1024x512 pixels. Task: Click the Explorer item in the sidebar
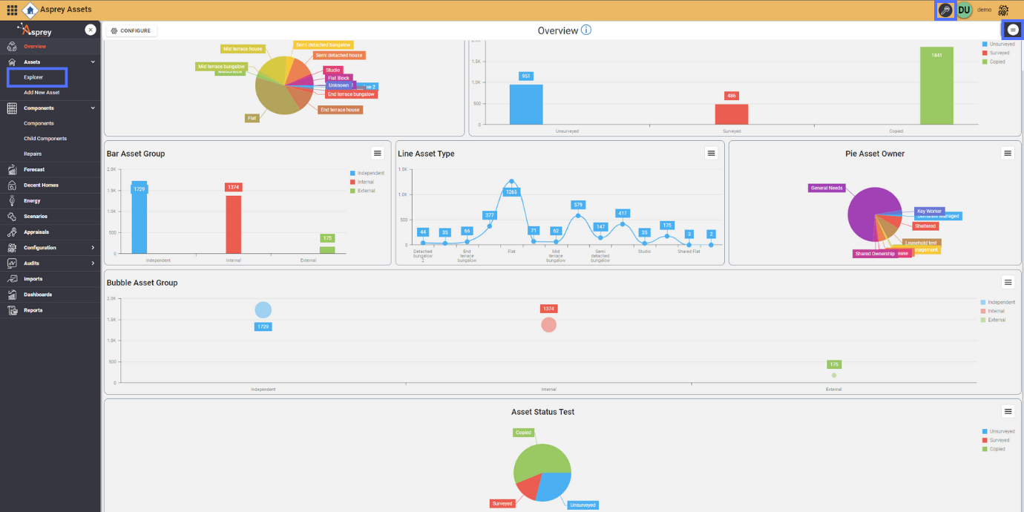point(33,77)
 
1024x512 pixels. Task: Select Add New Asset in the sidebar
point(42,93)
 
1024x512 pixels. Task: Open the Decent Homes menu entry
point(41,185)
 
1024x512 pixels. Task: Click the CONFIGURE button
point(131,30)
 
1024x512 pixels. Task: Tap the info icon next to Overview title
point(586,30)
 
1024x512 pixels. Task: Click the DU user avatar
point(964,10)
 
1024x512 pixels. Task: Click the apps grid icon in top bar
point(12,10)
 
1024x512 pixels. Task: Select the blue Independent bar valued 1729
point(140,219)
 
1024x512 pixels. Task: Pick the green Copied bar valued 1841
point(936,86)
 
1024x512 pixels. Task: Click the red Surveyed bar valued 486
point(732,114)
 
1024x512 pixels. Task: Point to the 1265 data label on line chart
point(511,192)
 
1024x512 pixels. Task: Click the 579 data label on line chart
point(579,205)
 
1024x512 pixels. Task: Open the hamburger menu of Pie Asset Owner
point(1008,153)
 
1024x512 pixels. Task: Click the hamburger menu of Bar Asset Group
point(378,153)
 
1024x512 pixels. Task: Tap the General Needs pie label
point(827,188)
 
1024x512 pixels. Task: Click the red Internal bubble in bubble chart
point(548,325)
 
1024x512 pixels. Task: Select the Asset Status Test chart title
point(542,412)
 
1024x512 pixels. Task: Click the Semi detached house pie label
point(338,56)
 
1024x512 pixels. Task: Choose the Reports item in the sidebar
point(33,310)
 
